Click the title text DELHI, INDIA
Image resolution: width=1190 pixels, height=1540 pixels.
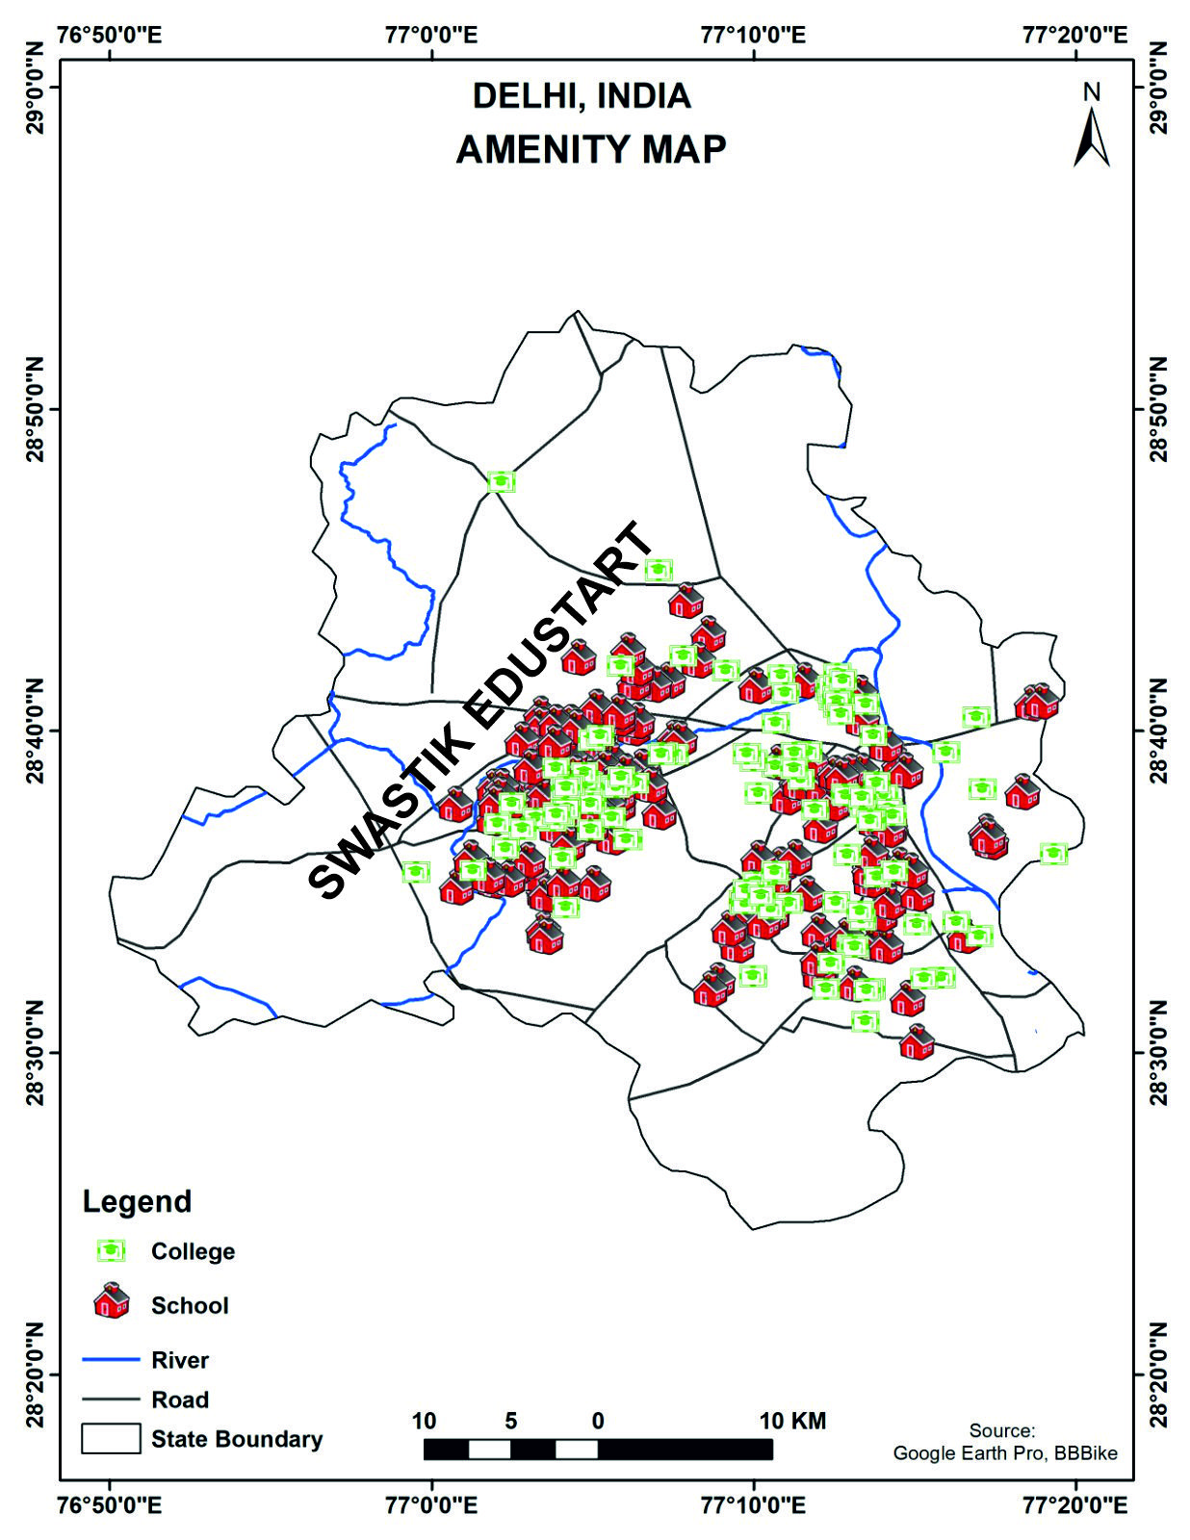click(582, 96)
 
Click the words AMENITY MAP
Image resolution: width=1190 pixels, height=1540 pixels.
click(590, 150)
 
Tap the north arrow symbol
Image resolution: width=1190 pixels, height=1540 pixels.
click(1091, 135)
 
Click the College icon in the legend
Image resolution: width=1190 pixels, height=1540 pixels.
click(111, 1251)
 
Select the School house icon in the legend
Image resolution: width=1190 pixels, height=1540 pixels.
click(112, 1301)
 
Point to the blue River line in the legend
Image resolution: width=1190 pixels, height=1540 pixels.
click(111, 1360)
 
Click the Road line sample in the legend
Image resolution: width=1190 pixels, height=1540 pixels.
click(111, 1399)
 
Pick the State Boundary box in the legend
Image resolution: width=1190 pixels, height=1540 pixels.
click(111, 1438)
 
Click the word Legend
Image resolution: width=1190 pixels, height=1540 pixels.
click(137, 1201)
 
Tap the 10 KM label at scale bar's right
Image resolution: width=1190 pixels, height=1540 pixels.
click(792, 1421)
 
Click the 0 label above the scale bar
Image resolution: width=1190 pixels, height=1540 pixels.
click(598, 1421)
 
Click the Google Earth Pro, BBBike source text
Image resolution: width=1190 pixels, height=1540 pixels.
click(1005, 1452)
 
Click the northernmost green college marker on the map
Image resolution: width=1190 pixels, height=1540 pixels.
click(501, 481)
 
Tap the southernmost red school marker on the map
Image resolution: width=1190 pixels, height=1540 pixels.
click(917, 1042)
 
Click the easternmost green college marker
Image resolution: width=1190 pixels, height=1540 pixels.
click(1053, 853)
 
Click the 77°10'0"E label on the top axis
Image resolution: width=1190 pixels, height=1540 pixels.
click(753, 35)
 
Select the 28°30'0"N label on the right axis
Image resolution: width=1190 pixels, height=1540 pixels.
click(1157, 1053)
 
